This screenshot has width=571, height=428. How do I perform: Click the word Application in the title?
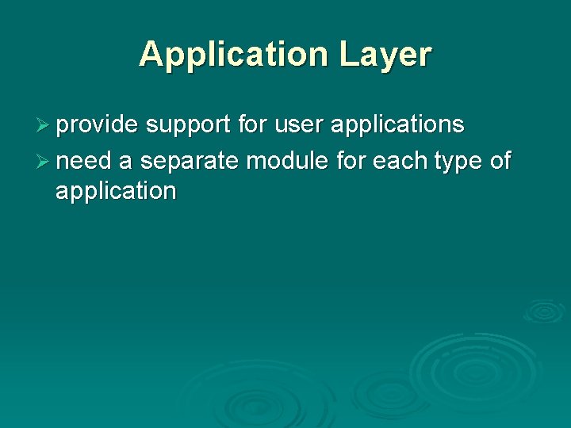click(x=233, y=55)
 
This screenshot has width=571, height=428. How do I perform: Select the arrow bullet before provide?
click(x=44, y=125)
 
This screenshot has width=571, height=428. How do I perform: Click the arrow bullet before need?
click(x=44, y=162)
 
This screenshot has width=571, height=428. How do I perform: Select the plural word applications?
click(x=397, y=125)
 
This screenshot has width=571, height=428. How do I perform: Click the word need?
click(x=84, y=162)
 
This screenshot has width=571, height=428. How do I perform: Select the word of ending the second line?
click(x=500, y=162)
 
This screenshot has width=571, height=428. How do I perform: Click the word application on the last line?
click(x=116, y=191)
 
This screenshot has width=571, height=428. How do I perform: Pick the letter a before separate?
click(x=125, y=162)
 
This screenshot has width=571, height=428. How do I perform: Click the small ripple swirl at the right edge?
click(x=544, y=311)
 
